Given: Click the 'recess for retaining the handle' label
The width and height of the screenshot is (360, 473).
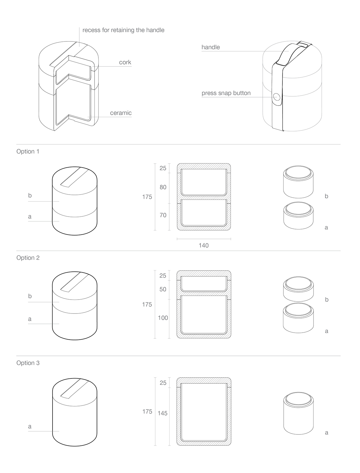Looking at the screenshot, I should pos(123,30).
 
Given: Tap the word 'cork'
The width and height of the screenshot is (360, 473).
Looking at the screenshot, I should pos(125,62).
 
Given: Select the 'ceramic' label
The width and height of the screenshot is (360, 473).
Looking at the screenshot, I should pos(121,113).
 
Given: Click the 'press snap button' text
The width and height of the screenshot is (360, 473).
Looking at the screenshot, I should pos(226,93).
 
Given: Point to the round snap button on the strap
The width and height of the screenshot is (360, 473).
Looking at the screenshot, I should pos(277,97).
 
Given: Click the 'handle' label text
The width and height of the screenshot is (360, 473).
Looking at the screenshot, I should pos(210,47).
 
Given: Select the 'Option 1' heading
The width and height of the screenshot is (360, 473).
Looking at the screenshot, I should pos(28,151).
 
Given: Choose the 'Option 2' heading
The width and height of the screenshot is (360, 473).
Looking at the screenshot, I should pos(28,258).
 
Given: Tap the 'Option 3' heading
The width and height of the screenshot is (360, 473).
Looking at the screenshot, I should pos(28,363).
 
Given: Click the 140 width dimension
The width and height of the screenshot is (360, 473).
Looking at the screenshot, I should pos(204,246).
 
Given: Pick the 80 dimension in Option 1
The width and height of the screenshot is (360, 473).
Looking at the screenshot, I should pos(163,187).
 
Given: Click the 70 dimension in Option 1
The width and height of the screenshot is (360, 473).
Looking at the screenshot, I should pos(163,215).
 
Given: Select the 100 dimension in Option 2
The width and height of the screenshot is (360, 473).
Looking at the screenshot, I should pos(163,318).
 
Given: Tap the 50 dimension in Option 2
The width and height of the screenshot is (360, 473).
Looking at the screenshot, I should pos(163,289).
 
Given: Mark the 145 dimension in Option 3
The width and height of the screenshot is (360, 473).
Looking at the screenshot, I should pos(163,413).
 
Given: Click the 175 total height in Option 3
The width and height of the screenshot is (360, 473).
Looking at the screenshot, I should pos(147,412).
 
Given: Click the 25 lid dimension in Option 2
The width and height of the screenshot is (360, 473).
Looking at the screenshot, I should pos(163,276).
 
